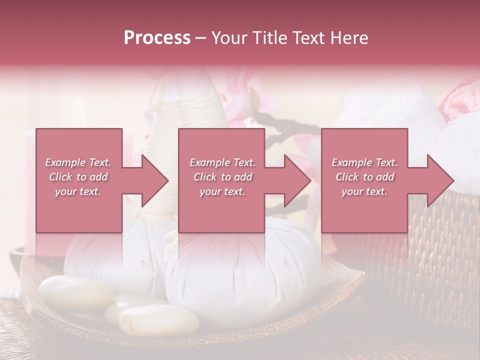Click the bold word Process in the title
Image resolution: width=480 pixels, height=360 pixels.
pos(157,38)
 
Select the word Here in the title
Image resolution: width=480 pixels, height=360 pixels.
pos(349,38)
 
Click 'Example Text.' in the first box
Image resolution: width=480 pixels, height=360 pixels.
pos(78,162)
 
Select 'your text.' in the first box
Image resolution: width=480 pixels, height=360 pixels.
pos(78,191)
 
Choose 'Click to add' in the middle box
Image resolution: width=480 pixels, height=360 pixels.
pos(222,177)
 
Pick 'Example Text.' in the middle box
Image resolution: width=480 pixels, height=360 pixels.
pos(222,162)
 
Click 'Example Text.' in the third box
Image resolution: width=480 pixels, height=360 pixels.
pos(364,162)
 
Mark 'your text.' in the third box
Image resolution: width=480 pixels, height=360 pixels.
pos(364,191)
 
